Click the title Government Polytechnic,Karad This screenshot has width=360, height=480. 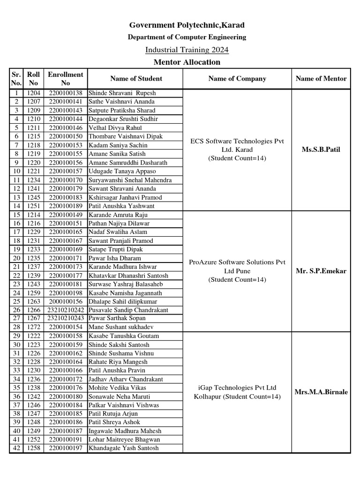(187, 25)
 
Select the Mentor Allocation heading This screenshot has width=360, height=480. (187, 62)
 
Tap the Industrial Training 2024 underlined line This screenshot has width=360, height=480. (187, 50)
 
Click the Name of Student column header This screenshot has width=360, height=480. (136, 78)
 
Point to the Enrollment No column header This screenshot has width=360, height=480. (66, 78)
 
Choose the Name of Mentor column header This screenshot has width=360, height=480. (321, 78)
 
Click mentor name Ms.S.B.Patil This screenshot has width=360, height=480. (321, 150)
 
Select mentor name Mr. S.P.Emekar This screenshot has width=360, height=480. (321, 271)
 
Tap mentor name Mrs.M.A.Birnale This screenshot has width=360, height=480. (321, 392)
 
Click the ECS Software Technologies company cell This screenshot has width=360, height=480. (237, 150)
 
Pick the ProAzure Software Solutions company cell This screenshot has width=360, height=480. (237, 271)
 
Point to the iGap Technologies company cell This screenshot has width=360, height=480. (237, 392)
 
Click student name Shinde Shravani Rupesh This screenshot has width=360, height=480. (122, 93)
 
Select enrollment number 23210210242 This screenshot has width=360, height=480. (66, 310)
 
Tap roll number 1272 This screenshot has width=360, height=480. (34, 327)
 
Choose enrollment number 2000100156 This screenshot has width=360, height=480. (66, 301)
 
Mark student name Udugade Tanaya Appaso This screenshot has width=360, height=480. (122, 171)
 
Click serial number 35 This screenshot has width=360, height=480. (16, 388)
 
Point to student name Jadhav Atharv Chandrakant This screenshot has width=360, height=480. (126, 379)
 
